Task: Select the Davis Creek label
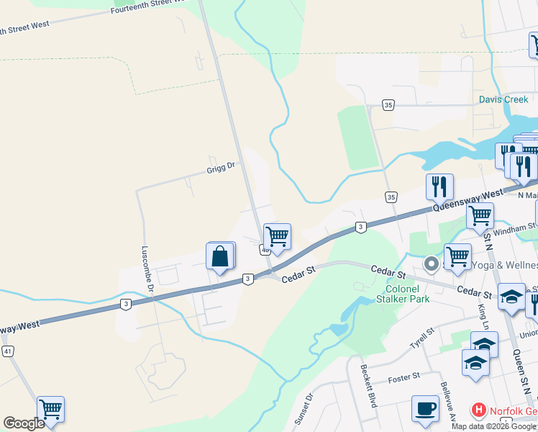pos(504,100)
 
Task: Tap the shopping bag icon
pos(220,257)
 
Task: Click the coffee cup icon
pos(425,408)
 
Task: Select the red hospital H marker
pos(478,411)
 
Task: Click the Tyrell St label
pos(421,335)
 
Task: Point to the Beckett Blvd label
pos(368,386)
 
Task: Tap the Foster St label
pos(403,377)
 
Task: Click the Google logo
pos(24,423)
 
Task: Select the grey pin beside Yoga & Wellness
pos(431,264)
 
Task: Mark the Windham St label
pos(519,228)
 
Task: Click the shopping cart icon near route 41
pos(50,410)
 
